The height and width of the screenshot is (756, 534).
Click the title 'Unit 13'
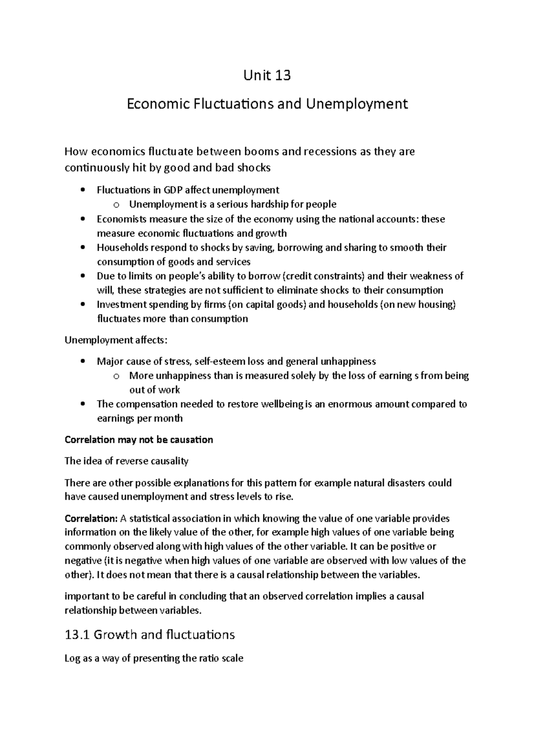click(x=267, y=76)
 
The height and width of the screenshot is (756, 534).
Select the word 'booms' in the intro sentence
click(x=262, y=152)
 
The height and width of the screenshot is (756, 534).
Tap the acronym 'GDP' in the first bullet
click(x=174, y=190)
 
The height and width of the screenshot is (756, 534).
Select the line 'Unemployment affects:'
click(x=116, y=341)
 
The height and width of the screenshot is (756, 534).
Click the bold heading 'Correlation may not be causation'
click(x=139, y=440)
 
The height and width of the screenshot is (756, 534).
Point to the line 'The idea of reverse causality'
click(x=126, y=461)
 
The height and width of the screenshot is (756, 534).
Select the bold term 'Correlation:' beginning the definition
click(x=90, y=519)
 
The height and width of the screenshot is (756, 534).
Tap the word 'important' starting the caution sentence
click(x=85, y=596)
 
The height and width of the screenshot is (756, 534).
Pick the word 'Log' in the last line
click(x=72, y=658)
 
